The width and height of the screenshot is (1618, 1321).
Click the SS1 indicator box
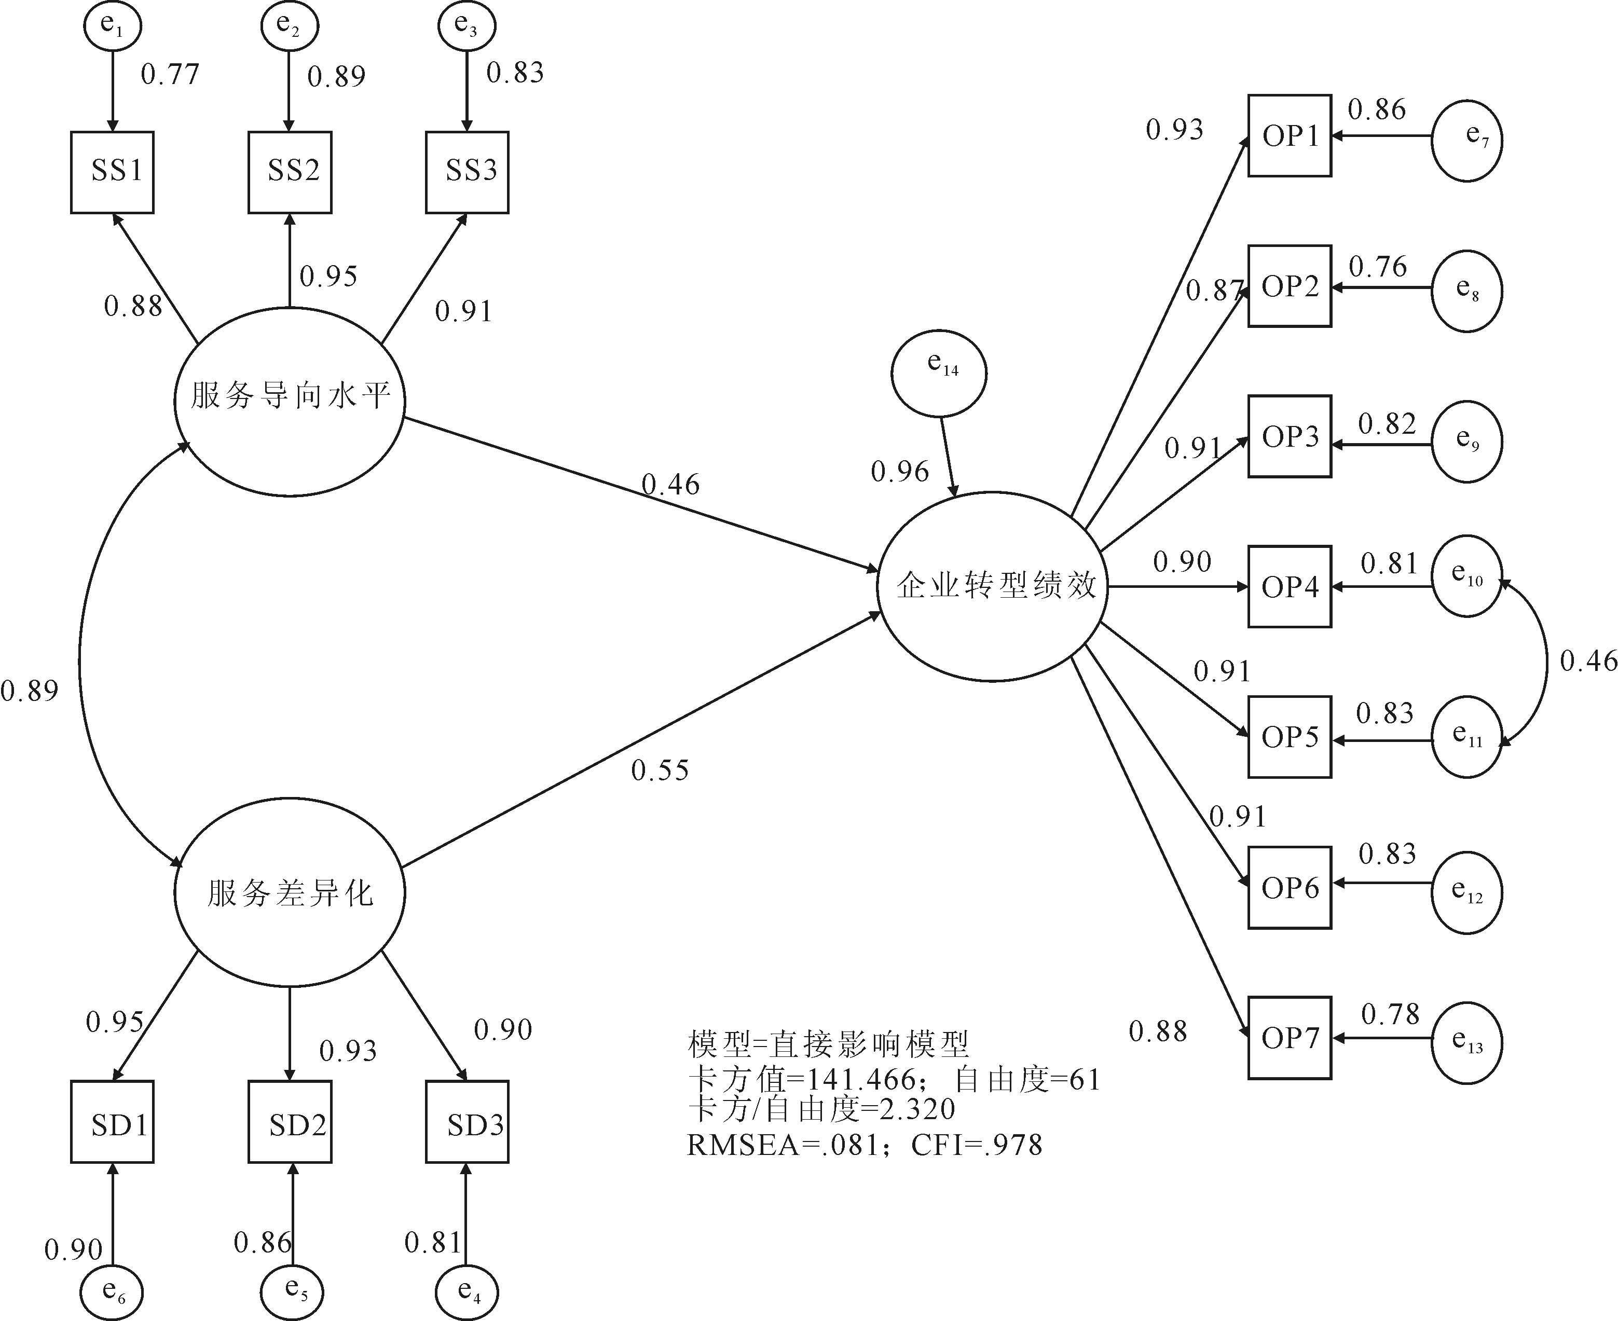click(113, 172)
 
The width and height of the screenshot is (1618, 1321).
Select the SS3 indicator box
click(467, 172)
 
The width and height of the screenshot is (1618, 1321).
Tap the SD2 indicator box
click(290, 1122)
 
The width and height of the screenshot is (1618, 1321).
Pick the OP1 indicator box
click(1289, 135)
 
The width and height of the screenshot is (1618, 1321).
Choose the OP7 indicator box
click(1289, 1037)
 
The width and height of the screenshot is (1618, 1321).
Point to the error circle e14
click(939, 374)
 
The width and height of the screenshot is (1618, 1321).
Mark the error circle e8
click(1466, 291)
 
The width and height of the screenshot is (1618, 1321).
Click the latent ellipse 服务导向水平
click(289, 401)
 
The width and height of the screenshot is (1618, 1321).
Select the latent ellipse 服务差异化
click(289, 892)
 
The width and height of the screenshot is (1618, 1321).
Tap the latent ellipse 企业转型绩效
click(992, 586)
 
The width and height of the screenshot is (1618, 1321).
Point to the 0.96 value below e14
click(900, 472)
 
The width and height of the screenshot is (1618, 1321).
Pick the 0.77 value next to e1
click(170, 74)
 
